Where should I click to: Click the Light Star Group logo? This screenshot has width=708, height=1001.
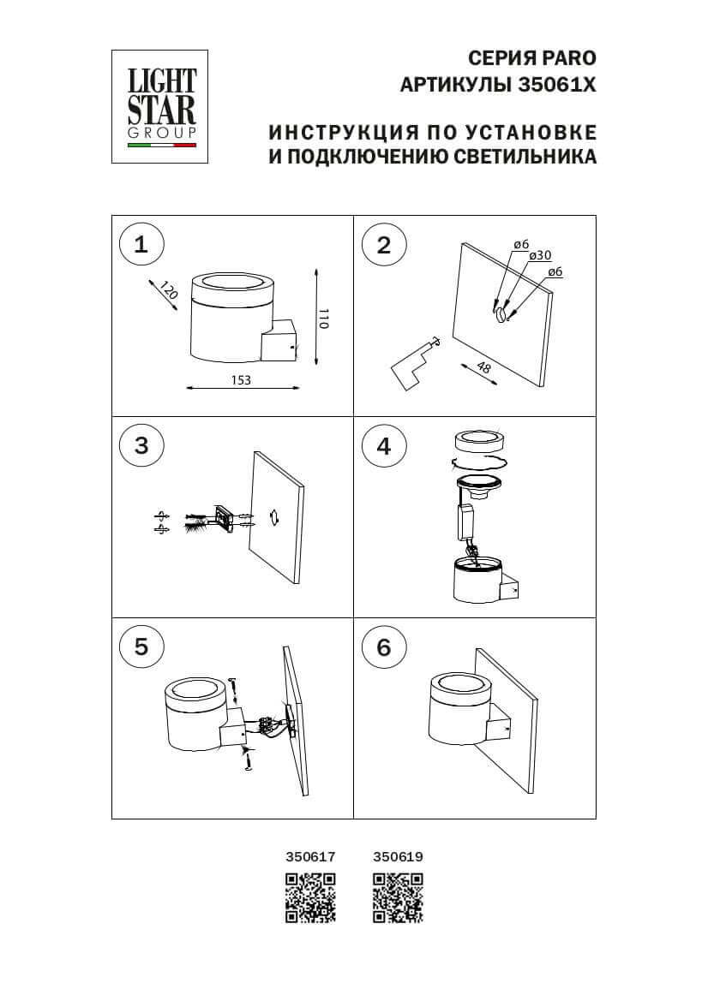tap(162, 105)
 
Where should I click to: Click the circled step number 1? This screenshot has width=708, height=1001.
tap(141, 244)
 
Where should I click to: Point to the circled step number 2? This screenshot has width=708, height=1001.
tap(383, 244)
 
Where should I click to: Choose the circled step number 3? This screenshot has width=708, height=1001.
tap(141, 445)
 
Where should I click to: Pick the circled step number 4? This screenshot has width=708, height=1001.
tap(383, 445)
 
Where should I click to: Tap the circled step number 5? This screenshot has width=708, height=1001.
tap(141, 646)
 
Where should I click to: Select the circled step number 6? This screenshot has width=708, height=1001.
tap(383, 646)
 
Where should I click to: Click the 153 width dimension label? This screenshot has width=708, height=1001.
tap(241, 381)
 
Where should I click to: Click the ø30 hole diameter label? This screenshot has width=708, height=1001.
tap(540, 256)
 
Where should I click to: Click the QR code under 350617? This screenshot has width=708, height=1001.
tap(310, 897)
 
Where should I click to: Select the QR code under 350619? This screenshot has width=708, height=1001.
tap(399, 897)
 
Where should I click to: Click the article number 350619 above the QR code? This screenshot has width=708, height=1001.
tap(399, 855)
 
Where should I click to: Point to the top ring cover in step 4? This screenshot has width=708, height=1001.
tap(478, 442)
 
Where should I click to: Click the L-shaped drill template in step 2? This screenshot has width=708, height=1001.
tap(408, 365)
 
